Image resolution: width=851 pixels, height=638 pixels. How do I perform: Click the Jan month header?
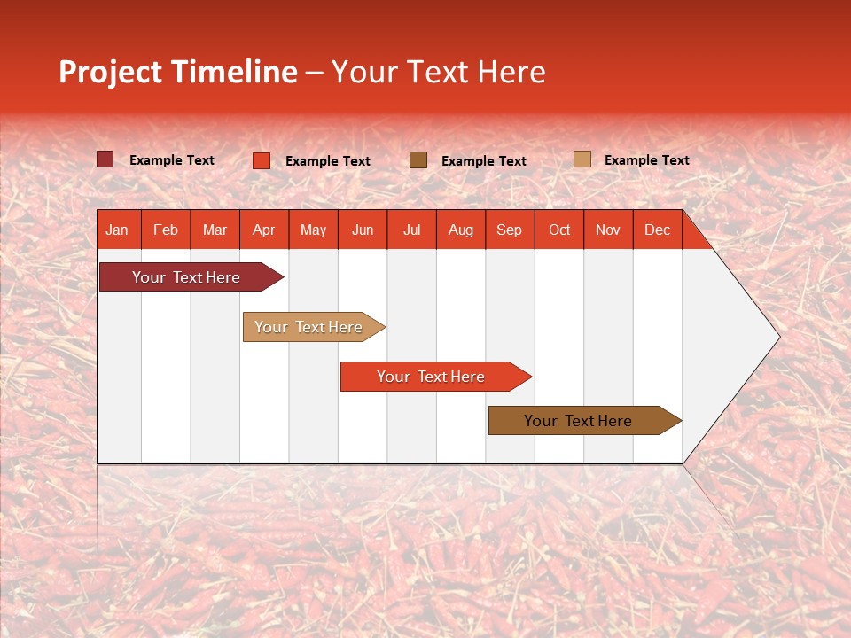click(117, 230)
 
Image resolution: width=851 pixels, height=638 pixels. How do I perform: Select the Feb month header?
click(166, 230)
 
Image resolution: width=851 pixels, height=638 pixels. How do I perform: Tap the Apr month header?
click(264, 230)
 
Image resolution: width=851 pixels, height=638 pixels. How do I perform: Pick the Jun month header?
click(363, 230)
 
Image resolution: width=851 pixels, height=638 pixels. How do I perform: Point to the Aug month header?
click(461, 230)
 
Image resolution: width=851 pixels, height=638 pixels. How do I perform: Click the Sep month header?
click(510, 230)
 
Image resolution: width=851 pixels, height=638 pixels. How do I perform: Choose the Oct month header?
click(559, 230)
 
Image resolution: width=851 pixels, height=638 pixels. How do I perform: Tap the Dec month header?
click(658, 230)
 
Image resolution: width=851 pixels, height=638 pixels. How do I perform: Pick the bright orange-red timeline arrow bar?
click(432, 377)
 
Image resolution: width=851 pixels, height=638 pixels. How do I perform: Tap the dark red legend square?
click(105, 159)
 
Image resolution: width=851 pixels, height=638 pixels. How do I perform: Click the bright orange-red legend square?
click(262, 160)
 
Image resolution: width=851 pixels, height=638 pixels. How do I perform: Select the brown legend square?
click(418, 159)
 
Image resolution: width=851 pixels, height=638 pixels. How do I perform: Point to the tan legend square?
click(582, 159)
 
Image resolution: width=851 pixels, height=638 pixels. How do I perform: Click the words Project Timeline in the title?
click(178, 72)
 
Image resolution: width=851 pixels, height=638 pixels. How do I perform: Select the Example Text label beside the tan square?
click(646, 160)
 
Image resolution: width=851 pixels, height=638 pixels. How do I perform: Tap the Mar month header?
click(215, 230)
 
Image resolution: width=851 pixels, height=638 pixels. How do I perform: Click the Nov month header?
click(608, 230)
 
